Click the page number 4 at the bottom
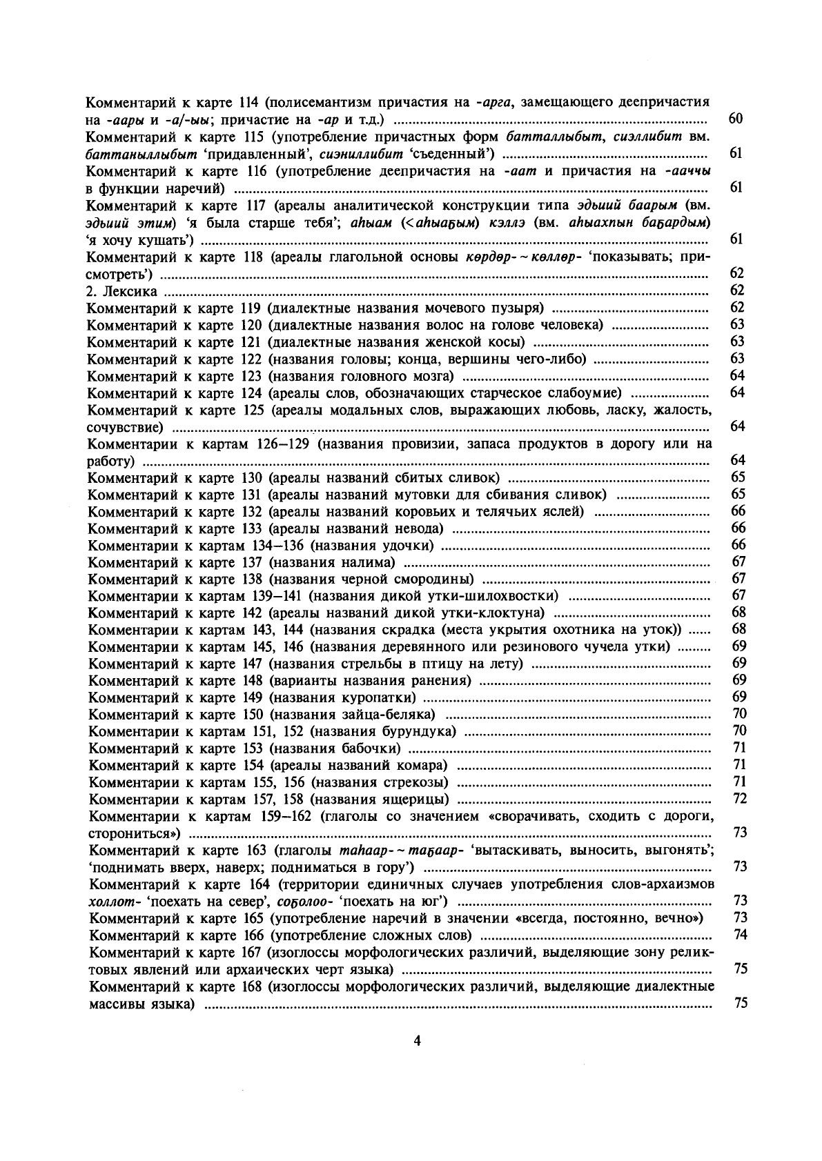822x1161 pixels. pyautogui.click(x=416, y=1041)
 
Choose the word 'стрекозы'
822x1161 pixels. pyautogui.click(x=416, y=782)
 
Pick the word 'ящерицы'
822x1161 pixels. pyautogui.click(x=417, y=800)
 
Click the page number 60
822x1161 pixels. pyautogui.click(x=736, y=119)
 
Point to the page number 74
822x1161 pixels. pyautogui.click(x=741, y=935)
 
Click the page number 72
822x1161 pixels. pyautogui.click(x=741, y=799)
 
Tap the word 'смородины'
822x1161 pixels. pyautogui.click(x=439, y=579)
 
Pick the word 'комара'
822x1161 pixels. pyautogui.click(x=424, y=765)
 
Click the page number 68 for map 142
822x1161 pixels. pyautogui.click(x=739, y=613)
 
